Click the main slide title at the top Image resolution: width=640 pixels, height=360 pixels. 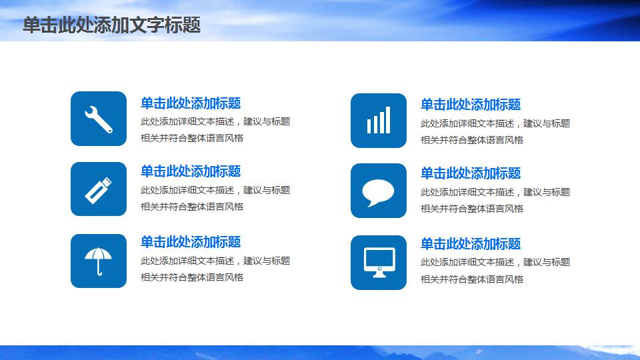point(111,25)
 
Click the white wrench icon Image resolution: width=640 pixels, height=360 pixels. point(99,119)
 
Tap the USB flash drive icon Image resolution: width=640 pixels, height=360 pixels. point(99,190)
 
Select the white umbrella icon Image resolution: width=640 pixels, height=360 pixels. point(99,261)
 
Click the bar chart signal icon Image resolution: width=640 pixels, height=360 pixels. point(379,120)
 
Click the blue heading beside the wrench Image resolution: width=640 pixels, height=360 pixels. point(191,103)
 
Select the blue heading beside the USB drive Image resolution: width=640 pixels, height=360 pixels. point(191,171)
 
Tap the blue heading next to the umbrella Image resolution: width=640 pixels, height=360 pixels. point(191,242)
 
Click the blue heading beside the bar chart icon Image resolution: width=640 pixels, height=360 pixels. point(471,105)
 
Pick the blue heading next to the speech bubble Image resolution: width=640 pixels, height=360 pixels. point(471,173)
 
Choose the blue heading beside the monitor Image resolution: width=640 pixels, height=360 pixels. point(471,244)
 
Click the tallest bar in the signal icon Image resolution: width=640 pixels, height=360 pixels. point(388,120)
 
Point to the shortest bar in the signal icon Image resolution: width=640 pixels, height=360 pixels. point(369,126)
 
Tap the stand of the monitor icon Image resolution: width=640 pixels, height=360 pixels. point(379,275)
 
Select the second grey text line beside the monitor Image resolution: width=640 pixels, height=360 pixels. point(472,279)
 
